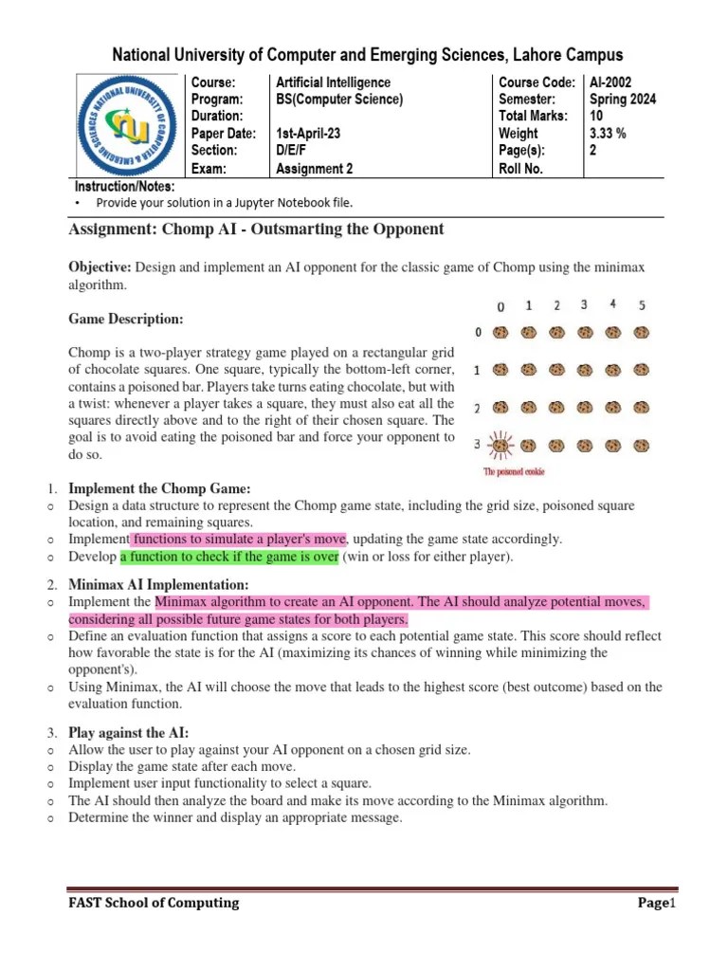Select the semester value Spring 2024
[623, 100]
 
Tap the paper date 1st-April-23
[308, 134]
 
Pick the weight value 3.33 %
[608, 134]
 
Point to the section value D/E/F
[293, 151]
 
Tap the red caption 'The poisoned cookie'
[514, 471]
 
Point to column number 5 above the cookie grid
[642, 305]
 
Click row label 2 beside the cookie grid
[479, 407]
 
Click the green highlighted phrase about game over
[229, 557]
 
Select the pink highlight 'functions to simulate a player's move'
[238, 539]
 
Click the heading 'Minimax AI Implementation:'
[159, 584]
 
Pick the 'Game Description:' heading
[125, 320]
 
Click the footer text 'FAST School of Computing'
[153, 903]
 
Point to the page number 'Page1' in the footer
[653, 903]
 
